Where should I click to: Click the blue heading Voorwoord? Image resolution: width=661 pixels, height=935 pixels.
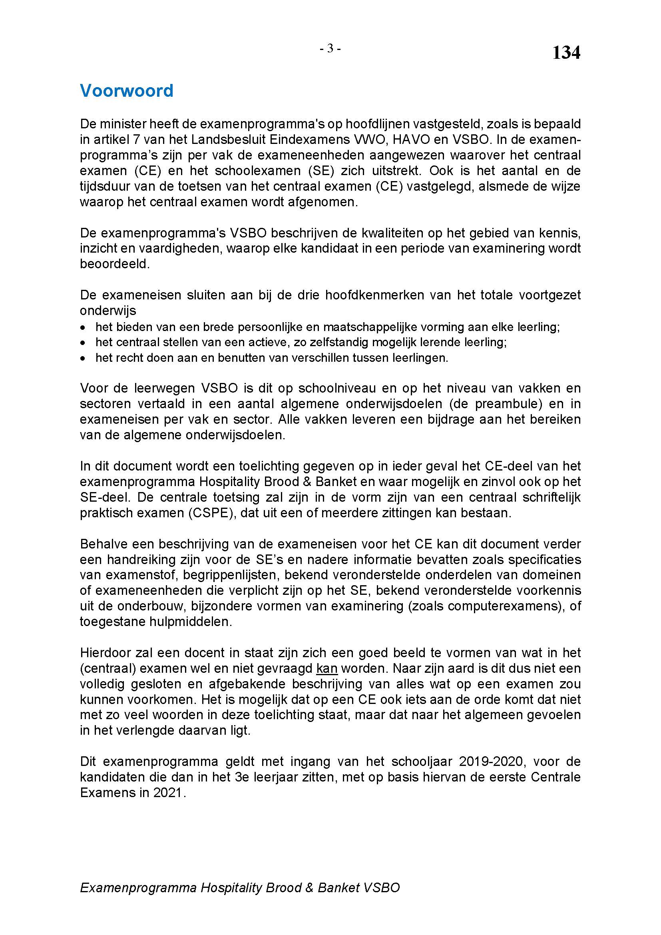127,91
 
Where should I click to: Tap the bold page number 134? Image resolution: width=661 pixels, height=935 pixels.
566,53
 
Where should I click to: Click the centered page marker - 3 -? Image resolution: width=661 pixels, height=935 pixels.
330,49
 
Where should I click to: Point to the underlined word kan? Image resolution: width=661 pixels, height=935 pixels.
327,668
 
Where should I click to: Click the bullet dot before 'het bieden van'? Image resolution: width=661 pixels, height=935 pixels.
83,327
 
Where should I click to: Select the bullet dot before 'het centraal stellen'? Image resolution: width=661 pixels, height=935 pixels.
83,343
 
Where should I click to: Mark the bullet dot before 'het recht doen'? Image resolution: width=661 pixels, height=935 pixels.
83,358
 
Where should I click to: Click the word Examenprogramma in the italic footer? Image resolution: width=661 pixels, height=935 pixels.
138,888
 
